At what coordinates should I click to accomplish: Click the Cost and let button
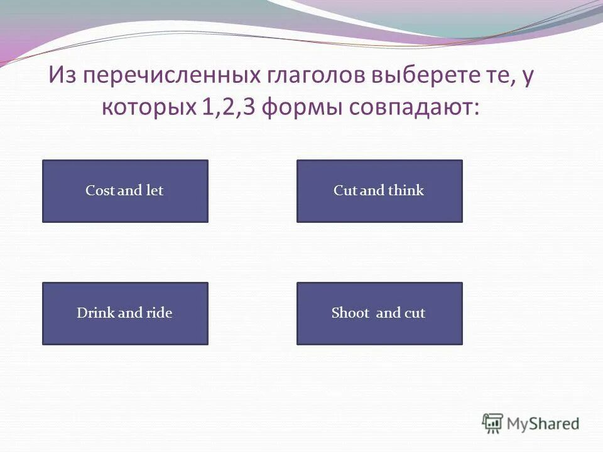(125, 191)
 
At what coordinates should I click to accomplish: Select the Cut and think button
(379, 191)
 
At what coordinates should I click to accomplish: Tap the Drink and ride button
(125, 313)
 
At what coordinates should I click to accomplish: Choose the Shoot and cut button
(379, 313)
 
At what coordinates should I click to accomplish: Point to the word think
(406, 191)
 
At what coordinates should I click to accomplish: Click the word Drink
(93, 313)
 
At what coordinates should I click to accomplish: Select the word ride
(158, 313)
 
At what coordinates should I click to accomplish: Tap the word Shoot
(350, 313)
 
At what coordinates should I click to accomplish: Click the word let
(155, 191)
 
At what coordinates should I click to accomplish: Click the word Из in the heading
(63, 77)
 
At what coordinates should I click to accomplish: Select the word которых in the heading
(149, 108)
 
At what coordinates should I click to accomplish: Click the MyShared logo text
(543, 423)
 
